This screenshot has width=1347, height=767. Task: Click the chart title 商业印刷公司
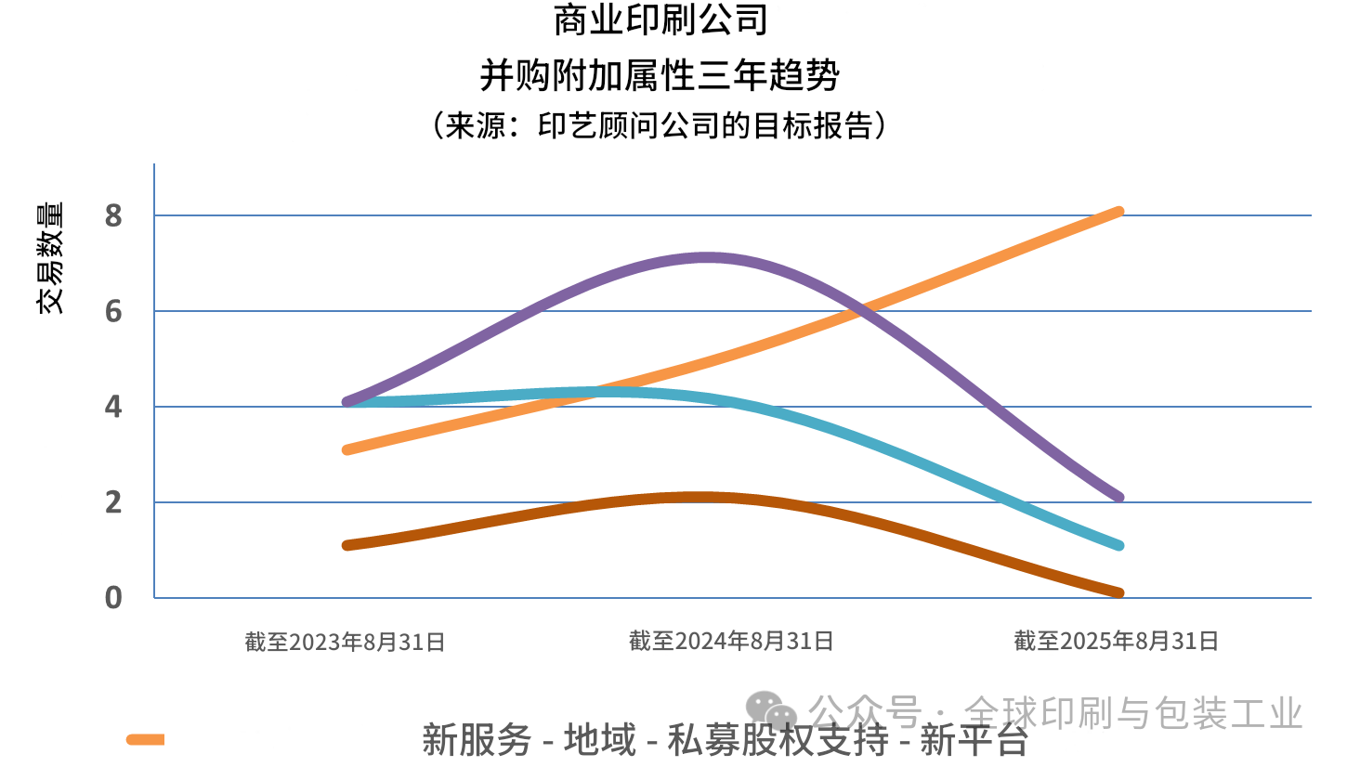[x=660, y=20]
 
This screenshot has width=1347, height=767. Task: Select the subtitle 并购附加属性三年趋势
[x=660, y=74]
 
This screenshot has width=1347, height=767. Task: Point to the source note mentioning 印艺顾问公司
[x=659, y=125]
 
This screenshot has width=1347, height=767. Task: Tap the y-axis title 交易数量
[x=51, y=257]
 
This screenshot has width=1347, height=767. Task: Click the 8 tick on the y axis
[x=113, y=216]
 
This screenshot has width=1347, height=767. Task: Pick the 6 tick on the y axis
[x=113, y=312]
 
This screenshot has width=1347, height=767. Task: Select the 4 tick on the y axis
[x=113, y=408]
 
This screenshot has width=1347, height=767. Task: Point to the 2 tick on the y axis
[x=113, y=503]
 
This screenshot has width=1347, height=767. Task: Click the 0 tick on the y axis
[x=113, y=598]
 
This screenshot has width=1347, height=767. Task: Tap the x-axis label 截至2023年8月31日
[x=346, y=642]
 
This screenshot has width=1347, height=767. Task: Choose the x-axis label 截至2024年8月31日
[x=731, y=641]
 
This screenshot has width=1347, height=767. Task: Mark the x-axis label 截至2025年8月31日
[x=1116, y=641]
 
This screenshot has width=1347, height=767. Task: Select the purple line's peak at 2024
[x=708, y=258]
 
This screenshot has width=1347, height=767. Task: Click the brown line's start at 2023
[x=347, y=545]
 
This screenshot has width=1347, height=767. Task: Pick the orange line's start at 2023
[x=347, y=449]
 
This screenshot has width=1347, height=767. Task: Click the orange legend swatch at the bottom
[x=146, y=739]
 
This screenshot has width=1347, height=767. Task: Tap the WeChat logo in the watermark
[x=772, y=711]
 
